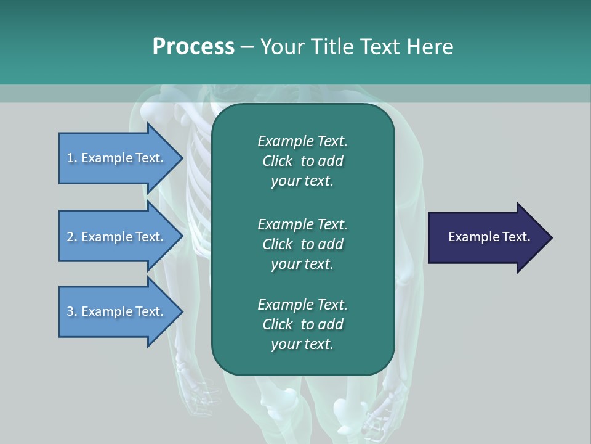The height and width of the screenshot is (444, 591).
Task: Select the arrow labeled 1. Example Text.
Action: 121,158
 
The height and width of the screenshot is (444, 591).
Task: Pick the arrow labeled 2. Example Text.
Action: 121,236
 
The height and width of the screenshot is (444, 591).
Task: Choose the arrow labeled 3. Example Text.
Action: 121,311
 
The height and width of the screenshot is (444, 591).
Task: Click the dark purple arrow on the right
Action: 490,237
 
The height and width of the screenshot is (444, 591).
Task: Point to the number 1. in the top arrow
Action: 72,158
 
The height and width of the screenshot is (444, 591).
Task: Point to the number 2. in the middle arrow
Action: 72,237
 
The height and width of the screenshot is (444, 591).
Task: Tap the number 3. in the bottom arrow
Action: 72,311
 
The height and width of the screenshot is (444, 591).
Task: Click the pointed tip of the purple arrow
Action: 553,238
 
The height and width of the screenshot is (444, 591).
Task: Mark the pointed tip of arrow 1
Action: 183,158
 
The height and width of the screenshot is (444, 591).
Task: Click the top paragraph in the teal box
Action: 302,161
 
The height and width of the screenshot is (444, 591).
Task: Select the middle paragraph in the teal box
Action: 302,244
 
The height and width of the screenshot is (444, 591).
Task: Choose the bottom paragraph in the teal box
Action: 302,324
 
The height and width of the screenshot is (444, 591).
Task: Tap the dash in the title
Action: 247,47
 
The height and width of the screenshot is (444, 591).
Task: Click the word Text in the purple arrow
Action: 517,237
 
